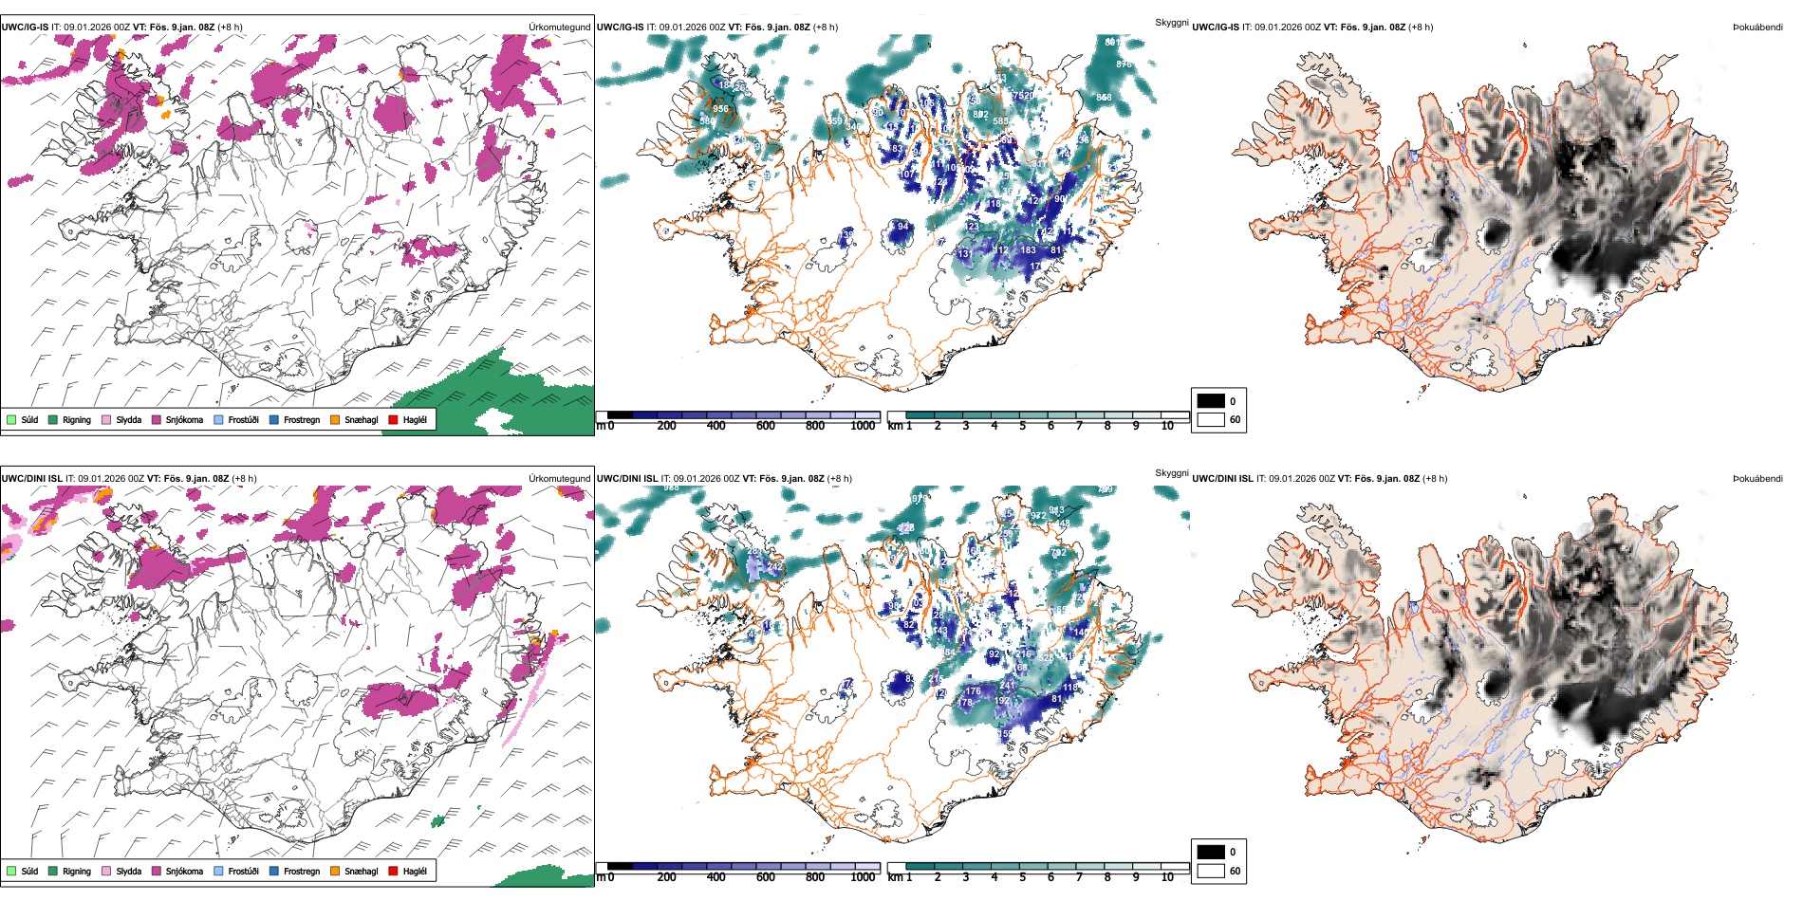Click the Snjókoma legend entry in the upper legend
point(184,419)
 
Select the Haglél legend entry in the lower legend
point(415,871)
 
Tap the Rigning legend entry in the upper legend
point(77,419)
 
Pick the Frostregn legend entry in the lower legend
point(302,871)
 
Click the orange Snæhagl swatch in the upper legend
point(336,419)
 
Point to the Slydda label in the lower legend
point(129,871)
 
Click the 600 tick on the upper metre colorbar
point(766,426)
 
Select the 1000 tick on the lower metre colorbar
point(863,877)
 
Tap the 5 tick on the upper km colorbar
point(1023,426)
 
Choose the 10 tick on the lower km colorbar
point(1167,877)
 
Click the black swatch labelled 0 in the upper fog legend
point(1211,401)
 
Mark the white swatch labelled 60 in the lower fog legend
point(1211,871)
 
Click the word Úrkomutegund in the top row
point(560,28)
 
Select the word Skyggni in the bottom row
point(1172,473)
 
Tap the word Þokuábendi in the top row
point(1757,28)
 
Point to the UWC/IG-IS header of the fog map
point(1216,28)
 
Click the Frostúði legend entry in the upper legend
point(243,419)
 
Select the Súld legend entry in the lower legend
point(29,871)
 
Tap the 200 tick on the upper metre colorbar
point(667,426)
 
